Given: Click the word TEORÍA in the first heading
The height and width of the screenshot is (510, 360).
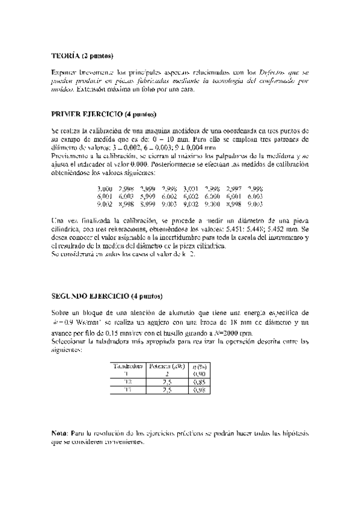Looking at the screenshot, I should point(64,56).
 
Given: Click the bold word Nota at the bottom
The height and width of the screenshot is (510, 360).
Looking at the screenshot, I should point(59,433).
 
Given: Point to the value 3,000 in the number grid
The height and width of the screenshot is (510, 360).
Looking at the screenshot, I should point(104,188).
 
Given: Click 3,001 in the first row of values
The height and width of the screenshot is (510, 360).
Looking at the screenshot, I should point(191,188).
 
